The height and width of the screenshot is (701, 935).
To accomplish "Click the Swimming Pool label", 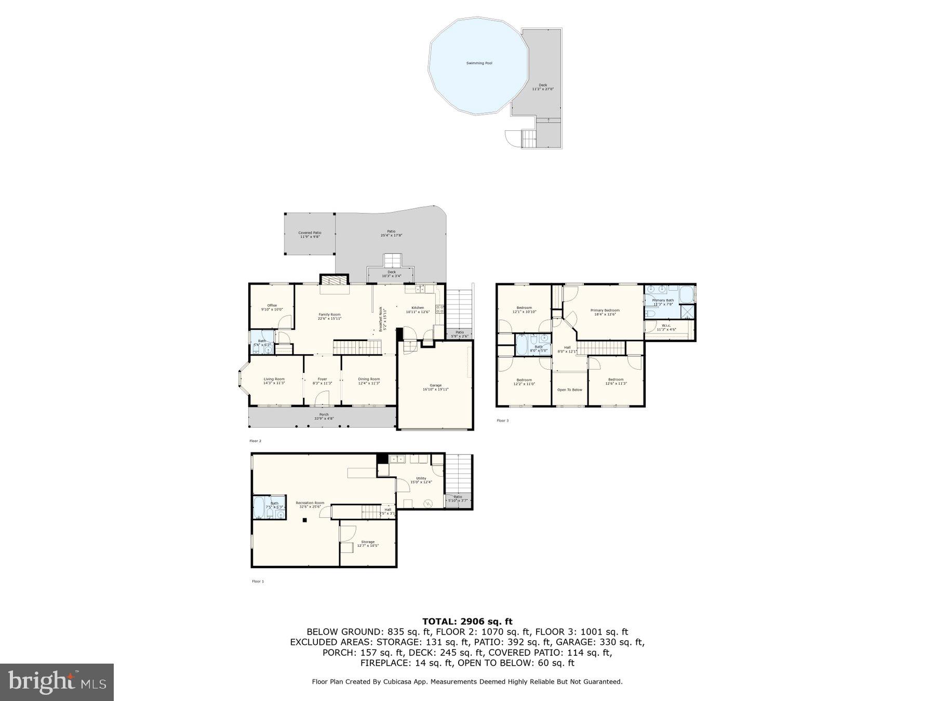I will (478, 63).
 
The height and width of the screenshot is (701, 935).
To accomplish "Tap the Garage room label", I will (435, 387).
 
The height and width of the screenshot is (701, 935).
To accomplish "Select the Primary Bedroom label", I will (605, 312).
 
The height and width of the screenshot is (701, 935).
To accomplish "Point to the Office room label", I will (272, 307).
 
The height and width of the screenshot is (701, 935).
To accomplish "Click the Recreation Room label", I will (310, 504).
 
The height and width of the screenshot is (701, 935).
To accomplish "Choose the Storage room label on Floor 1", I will (368, 543).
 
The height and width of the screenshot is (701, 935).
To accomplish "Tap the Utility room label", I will (421, 480).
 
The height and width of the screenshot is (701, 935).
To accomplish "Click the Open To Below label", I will (569, 390).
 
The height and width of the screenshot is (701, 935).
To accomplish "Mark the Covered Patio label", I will (310, 235).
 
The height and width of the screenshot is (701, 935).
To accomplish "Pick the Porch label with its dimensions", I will (324, 416).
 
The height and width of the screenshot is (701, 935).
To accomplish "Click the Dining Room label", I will (369, 381).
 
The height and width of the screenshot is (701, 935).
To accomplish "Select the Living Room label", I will (274, 381).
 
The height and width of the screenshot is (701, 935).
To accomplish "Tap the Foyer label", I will (322, 381).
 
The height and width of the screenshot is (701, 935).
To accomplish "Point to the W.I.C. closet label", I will (666, 327).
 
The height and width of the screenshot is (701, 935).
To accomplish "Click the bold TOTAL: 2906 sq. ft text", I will (467, 621).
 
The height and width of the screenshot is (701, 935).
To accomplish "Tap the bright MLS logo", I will (57, 682).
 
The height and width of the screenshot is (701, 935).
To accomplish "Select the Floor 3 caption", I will (502, 421).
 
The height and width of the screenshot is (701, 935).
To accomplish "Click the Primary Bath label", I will (663, 302).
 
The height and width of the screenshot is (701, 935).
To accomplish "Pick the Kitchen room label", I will (418, 309).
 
